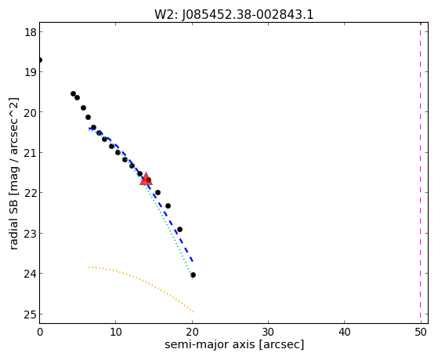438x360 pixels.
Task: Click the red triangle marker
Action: click(x=146, y=179)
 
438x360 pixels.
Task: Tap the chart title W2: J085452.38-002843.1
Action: click(x=234, y=14)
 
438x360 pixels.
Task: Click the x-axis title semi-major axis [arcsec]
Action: click(x=234, y=344)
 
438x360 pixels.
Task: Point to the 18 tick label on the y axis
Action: click(x=31, y=32)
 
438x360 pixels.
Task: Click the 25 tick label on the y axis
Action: click(x=31, y=315)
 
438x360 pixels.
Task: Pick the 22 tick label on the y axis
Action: click(x=31, y=193)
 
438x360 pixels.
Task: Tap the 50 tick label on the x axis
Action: click(x=421, y=333)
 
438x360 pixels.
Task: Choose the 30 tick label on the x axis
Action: click(x=268, y=333)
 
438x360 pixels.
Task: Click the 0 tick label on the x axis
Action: click(x=40, y=333)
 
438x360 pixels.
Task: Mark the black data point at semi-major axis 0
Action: click(x=40, y=60)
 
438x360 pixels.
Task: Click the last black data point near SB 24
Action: click(x=193, y=275)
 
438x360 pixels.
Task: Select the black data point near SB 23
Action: click(x=179, y=229)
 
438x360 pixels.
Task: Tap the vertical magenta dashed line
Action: click(x=421, y=173)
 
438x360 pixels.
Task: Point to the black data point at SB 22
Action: click(x=157, y=192)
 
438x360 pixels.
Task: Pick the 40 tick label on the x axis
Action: click(x=345, y=333)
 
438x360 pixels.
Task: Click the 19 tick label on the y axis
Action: click(x=31, y=72)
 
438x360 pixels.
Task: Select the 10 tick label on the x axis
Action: click(x=116, y=333)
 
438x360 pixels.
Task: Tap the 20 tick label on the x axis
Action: click(x=192, y=333)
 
